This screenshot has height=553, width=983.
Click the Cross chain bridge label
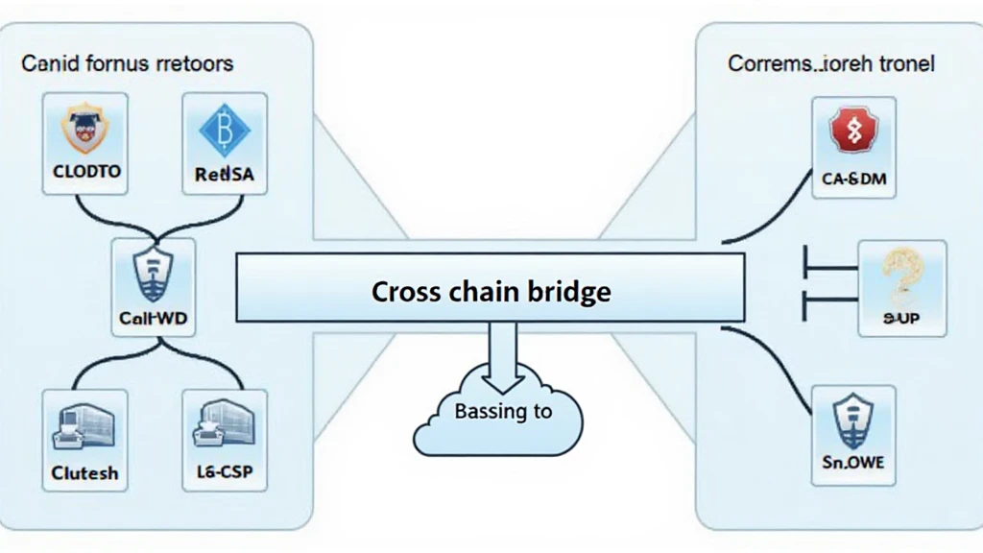(491, 291)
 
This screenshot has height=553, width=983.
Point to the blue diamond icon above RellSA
(224, 130)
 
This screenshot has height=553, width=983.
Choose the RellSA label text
(224, 175)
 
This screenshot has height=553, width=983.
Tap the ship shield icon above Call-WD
(154, 274)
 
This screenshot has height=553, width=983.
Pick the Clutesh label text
(84, 473)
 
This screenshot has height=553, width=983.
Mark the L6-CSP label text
(224, 473)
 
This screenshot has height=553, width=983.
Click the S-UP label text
(901, 318)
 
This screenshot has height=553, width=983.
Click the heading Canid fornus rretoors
(127, 65)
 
